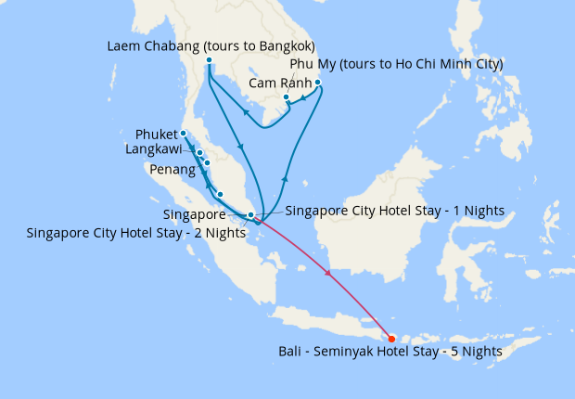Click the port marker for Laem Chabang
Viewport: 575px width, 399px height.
209,61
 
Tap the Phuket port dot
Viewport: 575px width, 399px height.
184,133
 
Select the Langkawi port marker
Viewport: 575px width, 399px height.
199,153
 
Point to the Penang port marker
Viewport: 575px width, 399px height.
207,163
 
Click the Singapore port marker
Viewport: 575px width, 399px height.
250,214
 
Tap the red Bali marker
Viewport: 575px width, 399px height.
391,339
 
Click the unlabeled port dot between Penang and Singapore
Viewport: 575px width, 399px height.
220,194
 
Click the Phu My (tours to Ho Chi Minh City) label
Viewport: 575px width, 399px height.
396,64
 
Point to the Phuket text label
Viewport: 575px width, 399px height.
157,134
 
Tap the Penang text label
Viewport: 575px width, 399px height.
172,170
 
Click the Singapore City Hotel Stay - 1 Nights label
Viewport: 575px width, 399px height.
394,211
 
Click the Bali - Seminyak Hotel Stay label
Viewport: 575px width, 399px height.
390,352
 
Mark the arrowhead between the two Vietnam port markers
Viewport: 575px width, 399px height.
302,94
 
